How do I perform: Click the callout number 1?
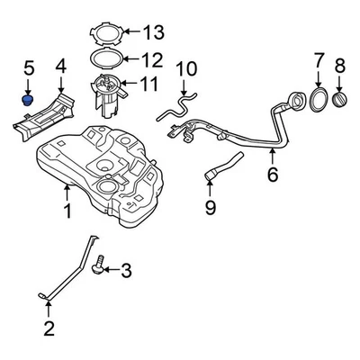coord(66,213)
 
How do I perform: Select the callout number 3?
coord(126,269)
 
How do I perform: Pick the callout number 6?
coord(272,177)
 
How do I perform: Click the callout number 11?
coord(148,85)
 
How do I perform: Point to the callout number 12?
coord(152,60)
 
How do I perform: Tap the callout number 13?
coord(154,34)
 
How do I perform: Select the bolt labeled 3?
coord(100,267)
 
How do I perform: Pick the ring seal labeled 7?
coord(319,98)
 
